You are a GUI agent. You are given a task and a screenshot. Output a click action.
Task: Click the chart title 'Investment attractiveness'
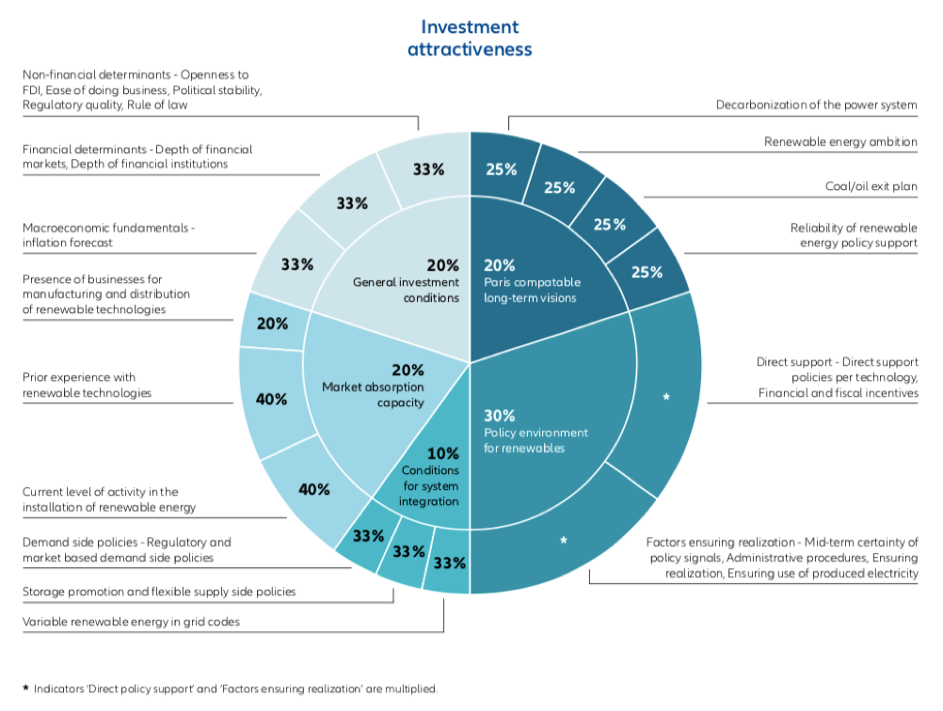[x=470, y=38]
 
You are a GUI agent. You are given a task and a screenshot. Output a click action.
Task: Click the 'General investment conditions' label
[x=406, y=281]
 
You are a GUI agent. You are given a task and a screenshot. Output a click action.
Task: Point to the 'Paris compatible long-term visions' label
[x=533, y=281]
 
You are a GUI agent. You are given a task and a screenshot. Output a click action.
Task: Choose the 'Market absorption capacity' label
[x=373, y=387]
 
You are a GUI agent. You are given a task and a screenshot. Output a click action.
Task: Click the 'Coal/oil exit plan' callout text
[x=871, y=186]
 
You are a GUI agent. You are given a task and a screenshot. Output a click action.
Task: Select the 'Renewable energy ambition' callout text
[x=840, y=142]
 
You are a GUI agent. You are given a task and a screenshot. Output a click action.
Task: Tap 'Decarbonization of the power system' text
[x=816, y=104]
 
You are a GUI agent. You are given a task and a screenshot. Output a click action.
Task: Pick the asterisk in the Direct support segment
[x=665, y=397]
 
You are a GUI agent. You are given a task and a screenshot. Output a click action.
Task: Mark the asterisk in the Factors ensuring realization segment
[x=564, y=541]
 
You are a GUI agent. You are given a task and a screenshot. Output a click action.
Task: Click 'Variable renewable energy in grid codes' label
[x=131, y=622]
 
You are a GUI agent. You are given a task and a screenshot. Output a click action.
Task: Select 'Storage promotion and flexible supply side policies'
[x=159, y=592]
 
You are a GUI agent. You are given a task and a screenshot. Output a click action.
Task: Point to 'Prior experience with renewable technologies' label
[x=87, y=385]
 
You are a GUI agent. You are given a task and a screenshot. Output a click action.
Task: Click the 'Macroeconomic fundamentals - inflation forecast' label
[x=108, y=235]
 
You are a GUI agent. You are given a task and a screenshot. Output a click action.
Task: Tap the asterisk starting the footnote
[x=25, y=688]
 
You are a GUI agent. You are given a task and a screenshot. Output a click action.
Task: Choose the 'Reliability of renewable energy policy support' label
[x=854, y=235]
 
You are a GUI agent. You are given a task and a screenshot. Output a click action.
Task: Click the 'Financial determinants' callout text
[x=137, y=156]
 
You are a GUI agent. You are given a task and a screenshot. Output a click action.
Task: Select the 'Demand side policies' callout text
[x=126, y=549]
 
